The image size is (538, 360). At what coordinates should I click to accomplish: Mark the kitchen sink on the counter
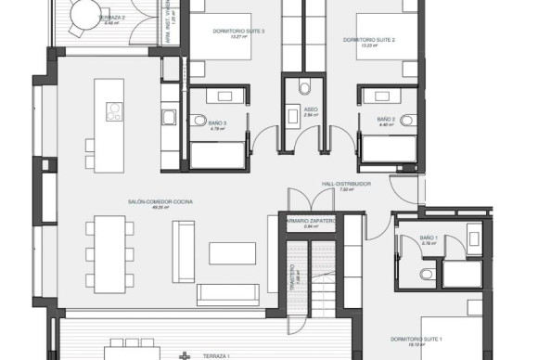tap(169, 117)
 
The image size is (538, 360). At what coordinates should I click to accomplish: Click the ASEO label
tap(312, 109)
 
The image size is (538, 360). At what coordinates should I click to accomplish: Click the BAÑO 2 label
tap(387, 120)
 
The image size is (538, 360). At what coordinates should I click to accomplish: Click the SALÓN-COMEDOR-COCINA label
tap(149, 199)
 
